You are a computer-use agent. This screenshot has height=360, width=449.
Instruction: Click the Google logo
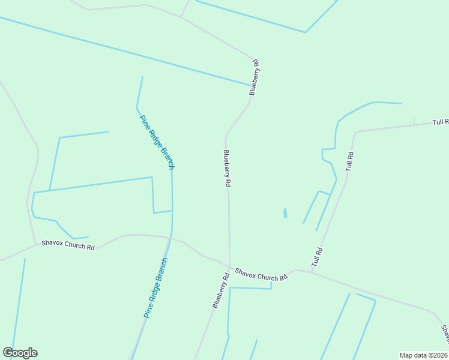click(x=20, y=353)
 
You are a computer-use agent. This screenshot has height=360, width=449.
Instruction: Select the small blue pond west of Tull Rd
click(x=285, y=213)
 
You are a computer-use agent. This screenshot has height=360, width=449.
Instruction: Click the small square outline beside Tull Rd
click(x=412, y=121)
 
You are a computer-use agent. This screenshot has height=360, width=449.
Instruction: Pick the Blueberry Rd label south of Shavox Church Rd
click(x=221, y=291)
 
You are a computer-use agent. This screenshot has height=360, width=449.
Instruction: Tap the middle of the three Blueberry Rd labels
click(x=227, y=169)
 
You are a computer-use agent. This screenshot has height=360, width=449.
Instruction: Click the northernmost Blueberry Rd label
click(x=255, y=77)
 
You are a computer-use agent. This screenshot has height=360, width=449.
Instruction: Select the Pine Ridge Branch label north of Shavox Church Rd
click(x=157, y=142)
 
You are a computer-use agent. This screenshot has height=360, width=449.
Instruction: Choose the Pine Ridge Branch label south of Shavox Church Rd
click(x=155, y=287)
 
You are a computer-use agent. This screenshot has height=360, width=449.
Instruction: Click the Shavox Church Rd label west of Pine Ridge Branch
click(x=68, y=246)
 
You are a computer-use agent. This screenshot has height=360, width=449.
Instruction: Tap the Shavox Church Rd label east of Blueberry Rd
click(x=261, y=275)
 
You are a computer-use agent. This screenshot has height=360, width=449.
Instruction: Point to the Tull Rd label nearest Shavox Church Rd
click(x=317, y=257)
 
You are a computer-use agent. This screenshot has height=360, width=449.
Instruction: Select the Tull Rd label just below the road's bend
click(x=349, y=161)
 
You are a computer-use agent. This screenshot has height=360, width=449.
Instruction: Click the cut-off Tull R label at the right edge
click(x=440, y=122)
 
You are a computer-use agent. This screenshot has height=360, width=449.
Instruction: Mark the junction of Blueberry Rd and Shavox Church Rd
click(x=229, y=267)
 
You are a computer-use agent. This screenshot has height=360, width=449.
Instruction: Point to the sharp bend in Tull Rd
click(x=356, y=132)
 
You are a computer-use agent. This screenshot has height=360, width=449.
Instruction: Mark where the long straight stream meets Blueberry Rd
click(x=251, y=85)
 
